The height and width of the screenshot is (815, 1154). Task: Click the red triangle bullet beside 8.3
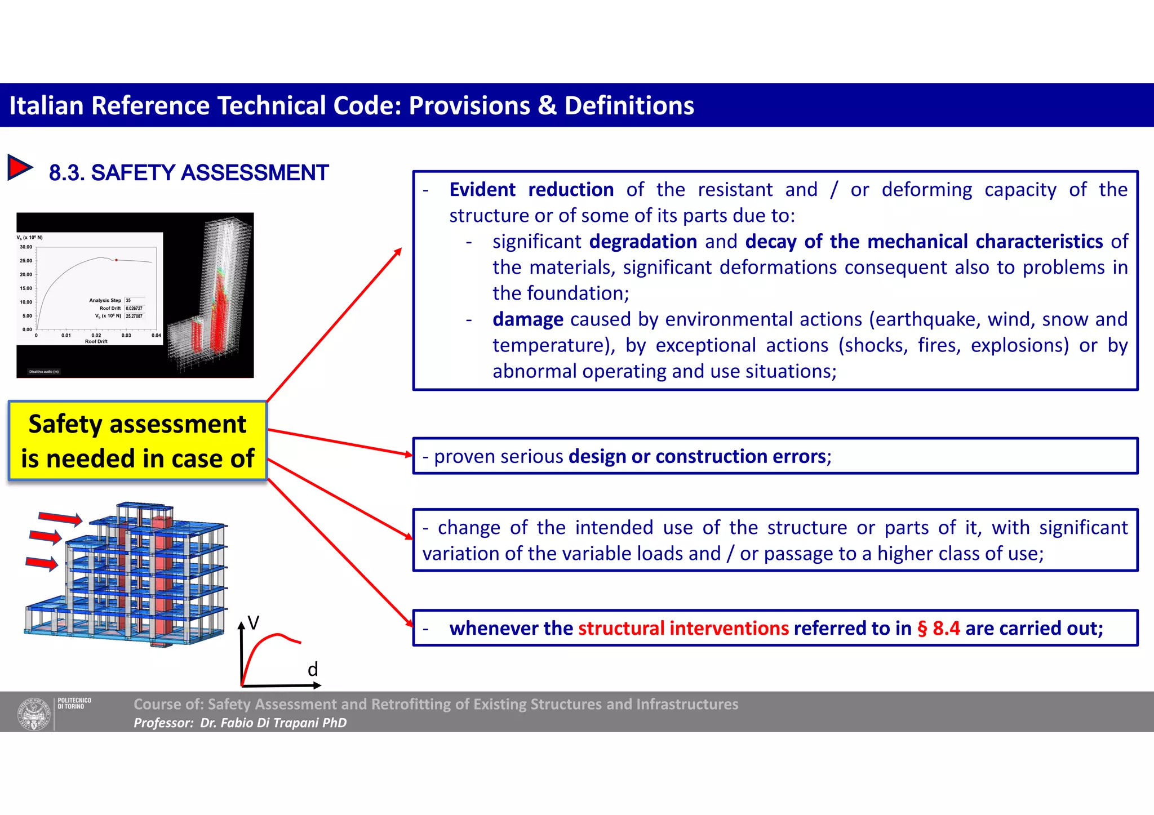[x=20, y=168]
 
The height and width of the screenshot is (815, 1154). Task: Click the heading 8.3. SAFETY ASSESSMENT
[x=188, y=173]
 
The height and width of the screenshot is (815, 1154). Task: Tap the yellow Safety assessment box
[x=137, y=441]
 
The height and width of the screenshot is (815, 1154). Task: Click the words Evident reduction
[x=531, y=190]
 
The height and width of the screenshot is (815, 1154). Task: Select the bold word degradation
[x=643, y=242]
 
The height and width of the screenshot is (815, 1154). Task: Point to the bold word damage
[x=527, y=319]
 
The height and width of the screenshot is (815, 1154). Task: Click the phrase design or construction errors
[x=697, y=456]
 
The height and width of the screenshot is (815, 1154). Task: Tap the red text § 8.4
[x=938, y=628]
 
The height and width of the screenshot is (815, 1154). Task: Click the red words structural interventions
[x=683, y=628]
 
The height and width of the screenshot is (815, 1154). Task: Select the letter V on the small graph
[x=254, y=623]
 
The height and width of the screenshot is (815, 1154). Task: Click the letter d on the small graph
[x=313, y=669]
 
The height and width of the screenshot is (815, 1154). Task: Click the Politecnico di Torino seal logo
[x=34, y=713]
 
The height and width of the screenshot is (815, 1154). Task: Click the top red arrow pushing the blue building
[x=60, y=518]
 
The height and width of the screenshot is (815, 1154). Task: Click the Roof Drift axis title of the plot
[x=96, y=341]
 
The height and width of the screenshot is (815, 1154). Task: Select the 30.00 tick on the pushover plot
[x=26, y=247]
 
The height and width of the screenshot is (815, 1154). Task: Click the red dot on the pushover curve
[x=117, y=260]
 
